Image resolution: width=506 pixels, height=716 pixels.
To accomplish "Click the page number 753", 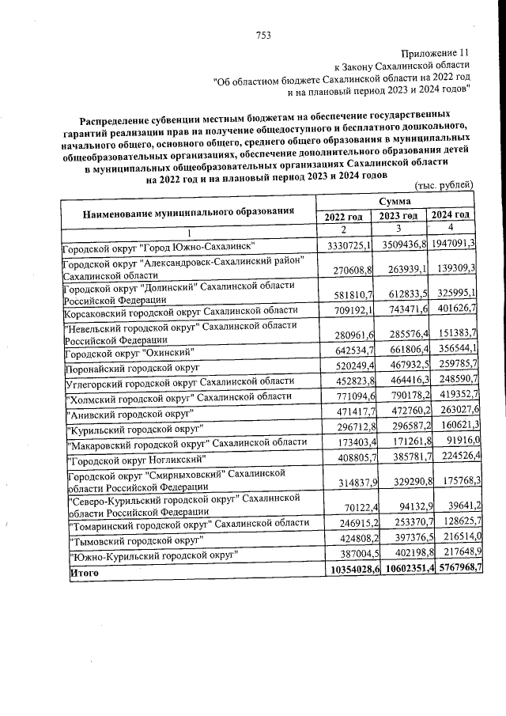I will (264, 34).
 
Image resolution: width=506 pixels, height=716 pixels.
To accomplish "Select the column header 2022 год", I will (344, 216).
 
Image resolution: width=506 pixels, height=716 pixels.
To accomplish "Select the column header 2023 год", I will (398, 216).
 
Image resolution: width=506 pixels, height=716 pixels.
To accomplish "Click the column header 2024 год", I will (451, 215).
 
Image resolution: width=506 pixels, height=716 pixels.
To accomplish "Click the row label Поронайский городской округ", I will (133, 368).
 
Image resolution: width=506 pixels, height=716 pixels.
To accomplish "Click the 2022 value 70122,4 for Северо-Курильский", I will (353, 506).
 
